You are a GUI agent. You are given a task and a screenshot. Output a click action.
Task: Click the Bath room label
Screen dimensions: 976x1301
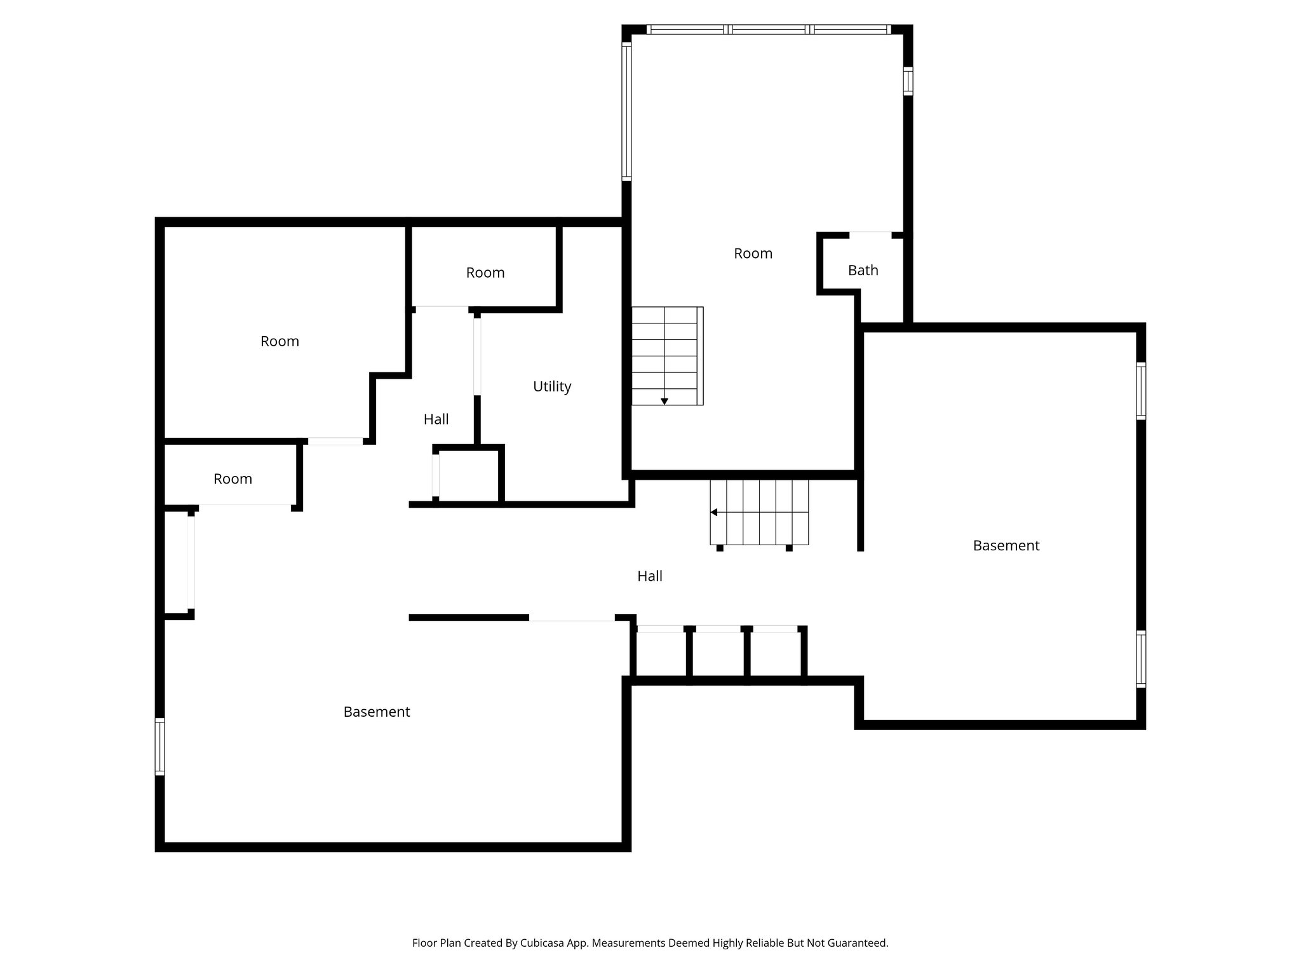click(x=863, y=271)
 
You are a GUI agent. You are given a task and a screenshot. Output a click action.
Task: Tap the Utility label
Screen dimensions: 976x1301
click(x=551, y=386)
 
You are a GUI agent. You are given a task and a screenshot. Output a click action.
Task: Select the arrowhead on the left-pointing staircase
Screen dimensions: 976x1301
click(x=714, y=512)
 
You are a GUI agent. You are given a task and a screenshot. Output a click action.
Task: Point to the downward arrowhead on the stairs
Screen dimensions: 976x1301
click(x=664, y=402)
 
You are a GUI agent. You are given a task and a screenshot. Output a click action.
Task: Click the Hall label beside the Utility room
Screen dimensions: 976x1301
click(x=436, y=419)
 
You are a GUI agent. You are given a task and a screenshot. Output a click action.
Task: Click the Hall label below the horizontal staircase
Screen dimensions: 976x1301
click(x=649, y=576)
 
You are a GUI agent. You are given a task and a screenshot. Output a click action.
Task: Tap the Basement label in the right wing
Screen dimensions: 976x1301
click(x=1006, y=546)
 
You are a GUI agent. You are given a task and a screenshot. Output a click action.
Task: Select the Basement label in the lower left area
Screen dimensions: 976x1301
click(x=376, y=712)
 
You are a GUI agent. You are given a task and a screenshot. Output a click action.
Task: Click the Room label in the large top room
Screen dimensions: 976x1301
click(x=753, y=254)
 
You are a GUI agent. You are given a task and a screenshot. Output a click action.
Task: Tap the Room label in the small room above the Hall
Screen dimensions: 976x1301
click(x=485, y=273)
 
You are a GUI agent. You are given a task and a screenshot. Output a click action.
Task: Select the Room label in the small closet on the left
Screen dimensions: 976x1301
click(x=233, y=479)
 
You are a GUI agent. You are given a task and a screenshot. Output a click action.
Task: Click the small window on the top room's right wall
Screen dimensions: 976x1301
click(x=908, y=81)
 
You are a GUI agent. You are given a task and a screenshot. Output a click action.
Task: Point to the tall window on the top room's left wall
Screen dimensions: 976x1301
click(x=626, y=111)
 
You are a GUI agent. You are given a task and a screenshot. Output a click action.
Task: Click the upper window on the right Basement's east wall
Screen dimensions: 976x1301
click(x=1141, y=391)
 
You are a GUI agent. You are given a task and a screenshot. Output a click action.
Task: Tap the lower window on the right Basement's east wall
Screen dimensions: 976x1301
click(x=1141, y=659)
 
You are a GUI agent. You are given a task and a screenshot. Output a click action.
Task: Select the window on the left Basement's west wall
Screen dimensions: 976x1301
click(x=160, y=747)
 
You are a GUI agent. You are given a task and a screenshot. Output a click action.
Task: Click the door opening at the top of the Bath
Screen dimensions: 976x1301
click(x=870, y=235)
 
